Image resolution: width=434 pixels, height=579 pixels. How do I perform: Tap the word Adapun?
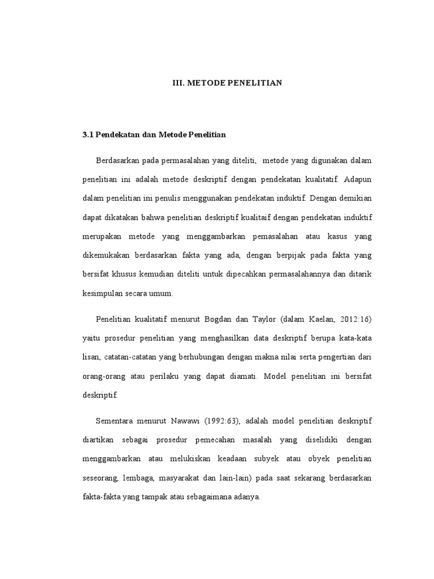point(358,180)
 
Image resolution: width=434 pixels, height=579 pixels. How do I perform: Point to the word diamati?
point(239,376)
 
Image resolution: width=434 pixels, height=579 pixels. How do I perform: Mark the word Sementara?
point(117,421)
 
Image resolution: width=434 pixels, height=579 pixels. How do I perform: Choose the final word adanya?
point(245,498)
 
